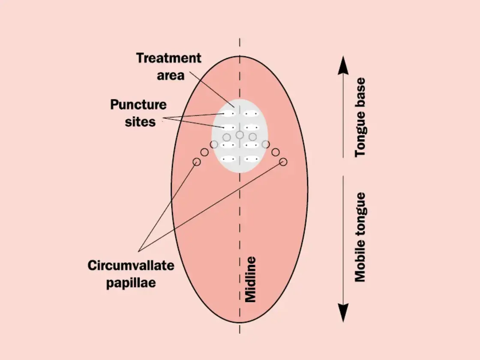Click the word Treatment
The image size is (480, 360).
click(168, 58)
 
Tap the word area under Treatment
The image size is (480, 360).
click(171, 75)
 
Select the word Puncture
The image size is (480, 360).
click(138, 105)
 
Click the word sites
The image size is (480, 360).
click(141, 122)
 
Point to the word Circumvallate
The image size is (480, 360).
click(131, 265)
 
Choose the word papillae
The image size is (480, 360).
click(131, 283)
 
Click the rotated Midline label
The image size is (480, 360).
click(250, 279)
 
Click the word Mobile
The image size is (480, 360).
click(361, 262)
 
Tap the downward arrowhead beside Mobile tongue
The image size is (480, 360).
click(342, 313)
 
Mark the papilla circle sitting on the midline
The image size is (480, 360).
click(240, 135)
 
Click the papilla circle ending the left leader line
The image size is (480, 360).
click(197, 162)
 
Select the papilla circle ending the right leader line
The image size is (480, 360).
click(283, 162)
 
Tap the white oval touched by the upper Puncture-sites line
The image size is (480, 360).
click(229, 114)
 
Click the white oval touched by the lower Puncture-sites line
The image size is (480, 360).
click(229, 128)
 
